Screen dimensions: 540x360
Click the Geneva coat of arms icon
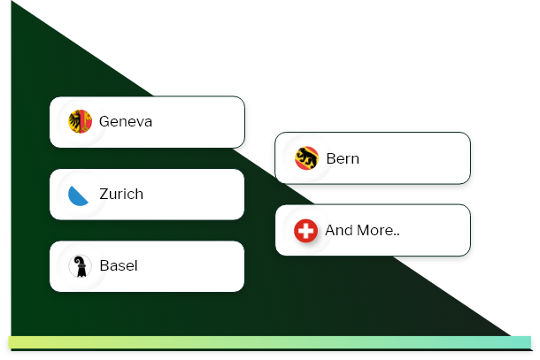click(x=80, y=121)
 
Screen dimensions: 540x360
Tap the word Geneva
click(x=126, y=121)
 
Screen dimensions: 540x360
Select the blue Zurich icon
click(x=78, y=195)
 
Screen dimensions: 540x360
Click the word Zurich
click(x=121, y=194)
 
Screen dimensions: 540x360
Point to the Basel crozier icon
click(x=80, y=266)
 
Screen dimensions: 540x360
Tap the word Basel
click(x=119, y=265)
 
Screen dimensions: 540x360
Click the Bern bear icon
click(x=306, y=158)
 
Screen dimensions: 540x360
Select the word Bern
click(x=343, y=158)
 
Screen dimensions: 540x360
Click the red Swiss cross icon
click(x=305, y=231)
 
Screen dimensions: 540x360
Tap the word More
click(x=374, y=230)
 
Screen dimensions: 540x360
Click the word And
click(x=339, y=230)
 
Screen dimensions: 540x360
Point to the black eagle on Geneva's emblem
click(x=74, y=121)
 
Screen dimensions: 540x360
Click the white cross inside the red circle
click(x=305, y=231)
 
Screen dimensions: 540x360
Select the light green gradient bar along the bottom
click(x=270, y=342)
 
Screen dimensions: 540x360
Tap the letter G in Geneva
click(x=104, y=121)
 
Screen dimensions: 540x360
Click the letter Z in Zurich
click(x=104, y=194)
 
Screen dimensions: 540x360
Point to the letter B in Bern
click(x=331, y=158)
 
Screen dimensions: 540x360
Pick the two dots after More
click(x=397, y=235)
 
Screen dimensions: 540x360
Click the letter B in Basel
click(x=104, y=265)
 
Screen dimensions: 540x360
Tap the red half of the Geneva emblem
click(x=86, y=121)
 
